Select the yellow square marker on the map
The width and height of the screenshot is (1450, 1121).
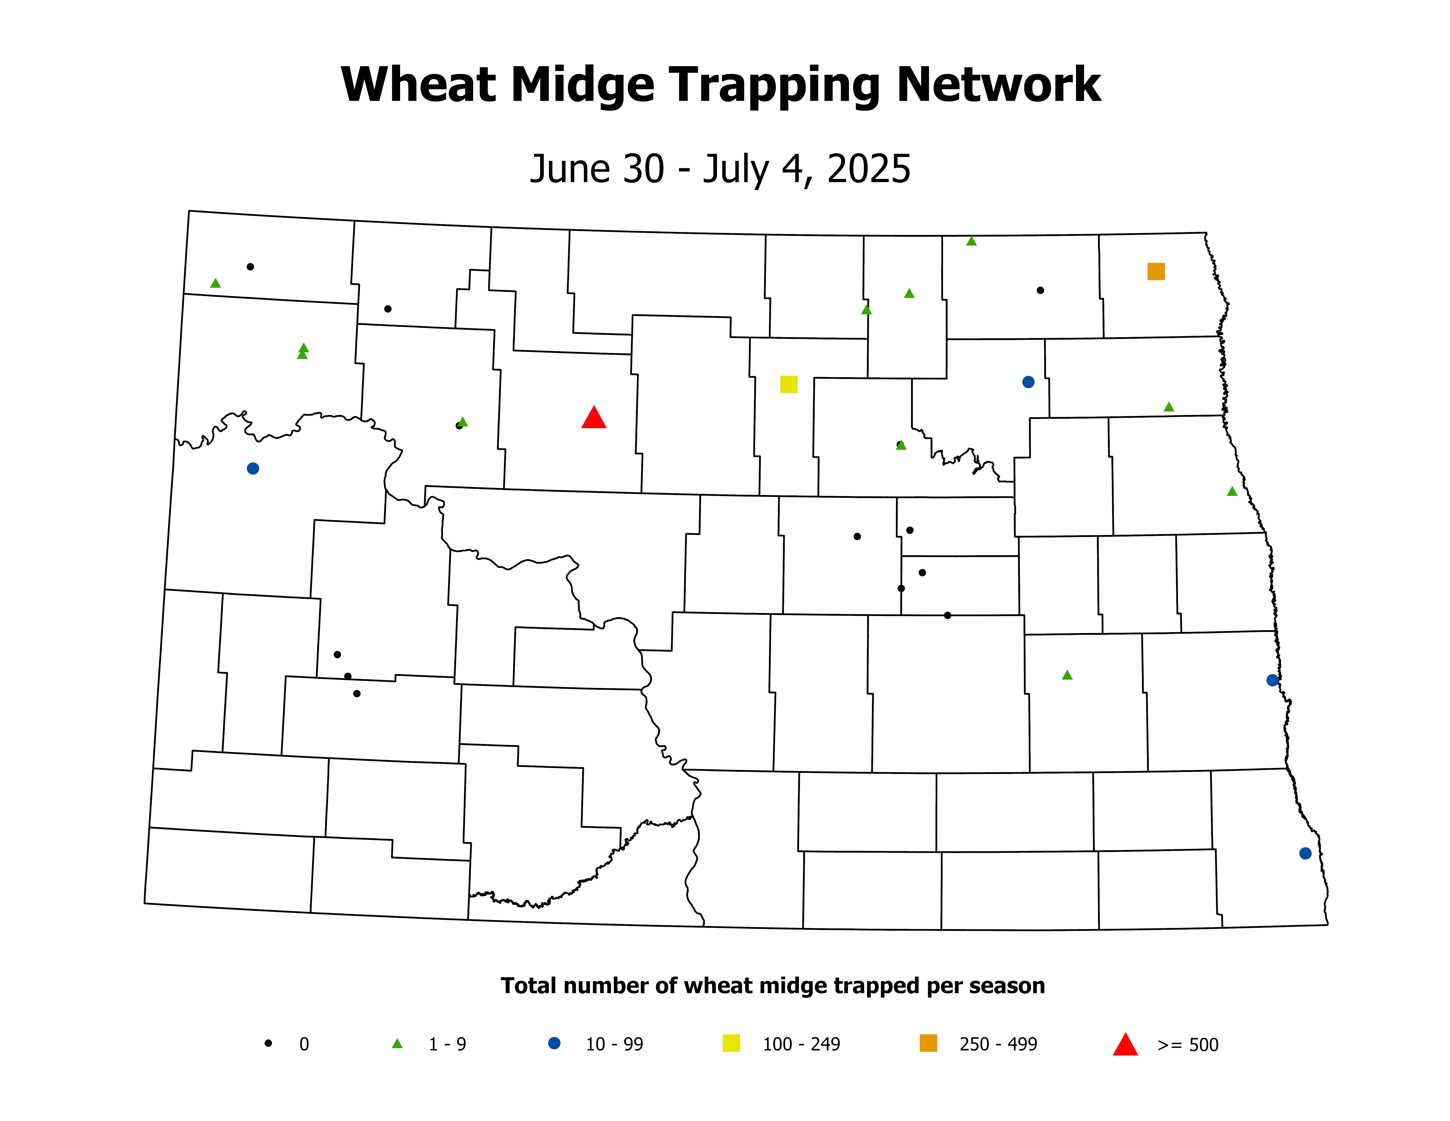789,384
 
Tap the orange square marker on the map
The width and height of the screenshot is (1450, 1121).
1156,272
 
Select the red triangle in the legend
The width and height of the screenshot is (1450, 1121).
1125,1045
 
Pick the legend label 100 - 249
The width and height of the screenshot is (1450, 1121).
801,1045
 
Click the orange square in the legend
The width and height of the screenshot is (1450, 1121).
928,1043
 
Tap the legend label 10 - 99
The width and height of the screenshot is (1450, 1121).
614,1045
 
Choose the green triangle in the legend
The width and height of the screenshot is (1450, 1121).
397,1044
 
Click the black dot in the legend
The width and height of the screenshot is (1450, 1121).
268,1043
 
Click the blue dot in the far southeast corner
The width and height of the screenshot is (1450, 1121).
1305,853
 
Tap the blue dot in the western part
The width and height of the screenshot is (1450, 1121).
253,469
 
